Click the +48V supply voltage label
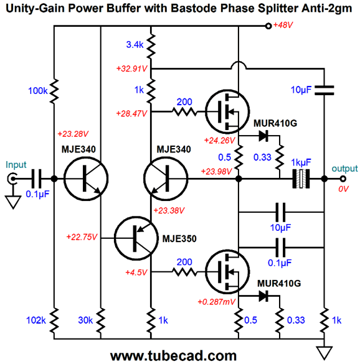(x=283, y=25)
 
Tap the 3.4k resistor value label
(x=135, y=44)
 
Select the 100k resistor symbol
(x=54, y=91)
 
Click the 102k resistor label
(x=36, y=320)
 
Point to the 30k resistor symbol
(x=101, y=320)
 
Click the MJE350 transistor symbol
(x=136, y=238)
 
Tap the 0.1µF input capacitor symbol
(x=36, y=179)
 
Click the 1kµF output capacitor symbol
(x=301, y=179)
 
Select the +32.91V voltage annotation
(x=132, y=68)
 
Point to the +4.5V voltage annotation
(x=136, y=272)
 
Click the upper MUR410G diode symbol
(x=263, y=136)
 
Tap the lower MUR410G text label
(x=279, y=283)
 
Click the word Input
(x=16, y=165)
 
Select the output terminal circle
(x=343, y=179)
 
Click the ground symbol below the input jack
(x=13, y=202)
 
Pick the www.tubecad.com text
(x=173, y=356)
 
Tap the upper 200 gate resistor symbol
(x=184, y=112)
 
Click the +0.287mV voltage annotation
(x=216, y=302)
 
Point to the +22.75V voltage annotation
(x=82, y=237)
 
